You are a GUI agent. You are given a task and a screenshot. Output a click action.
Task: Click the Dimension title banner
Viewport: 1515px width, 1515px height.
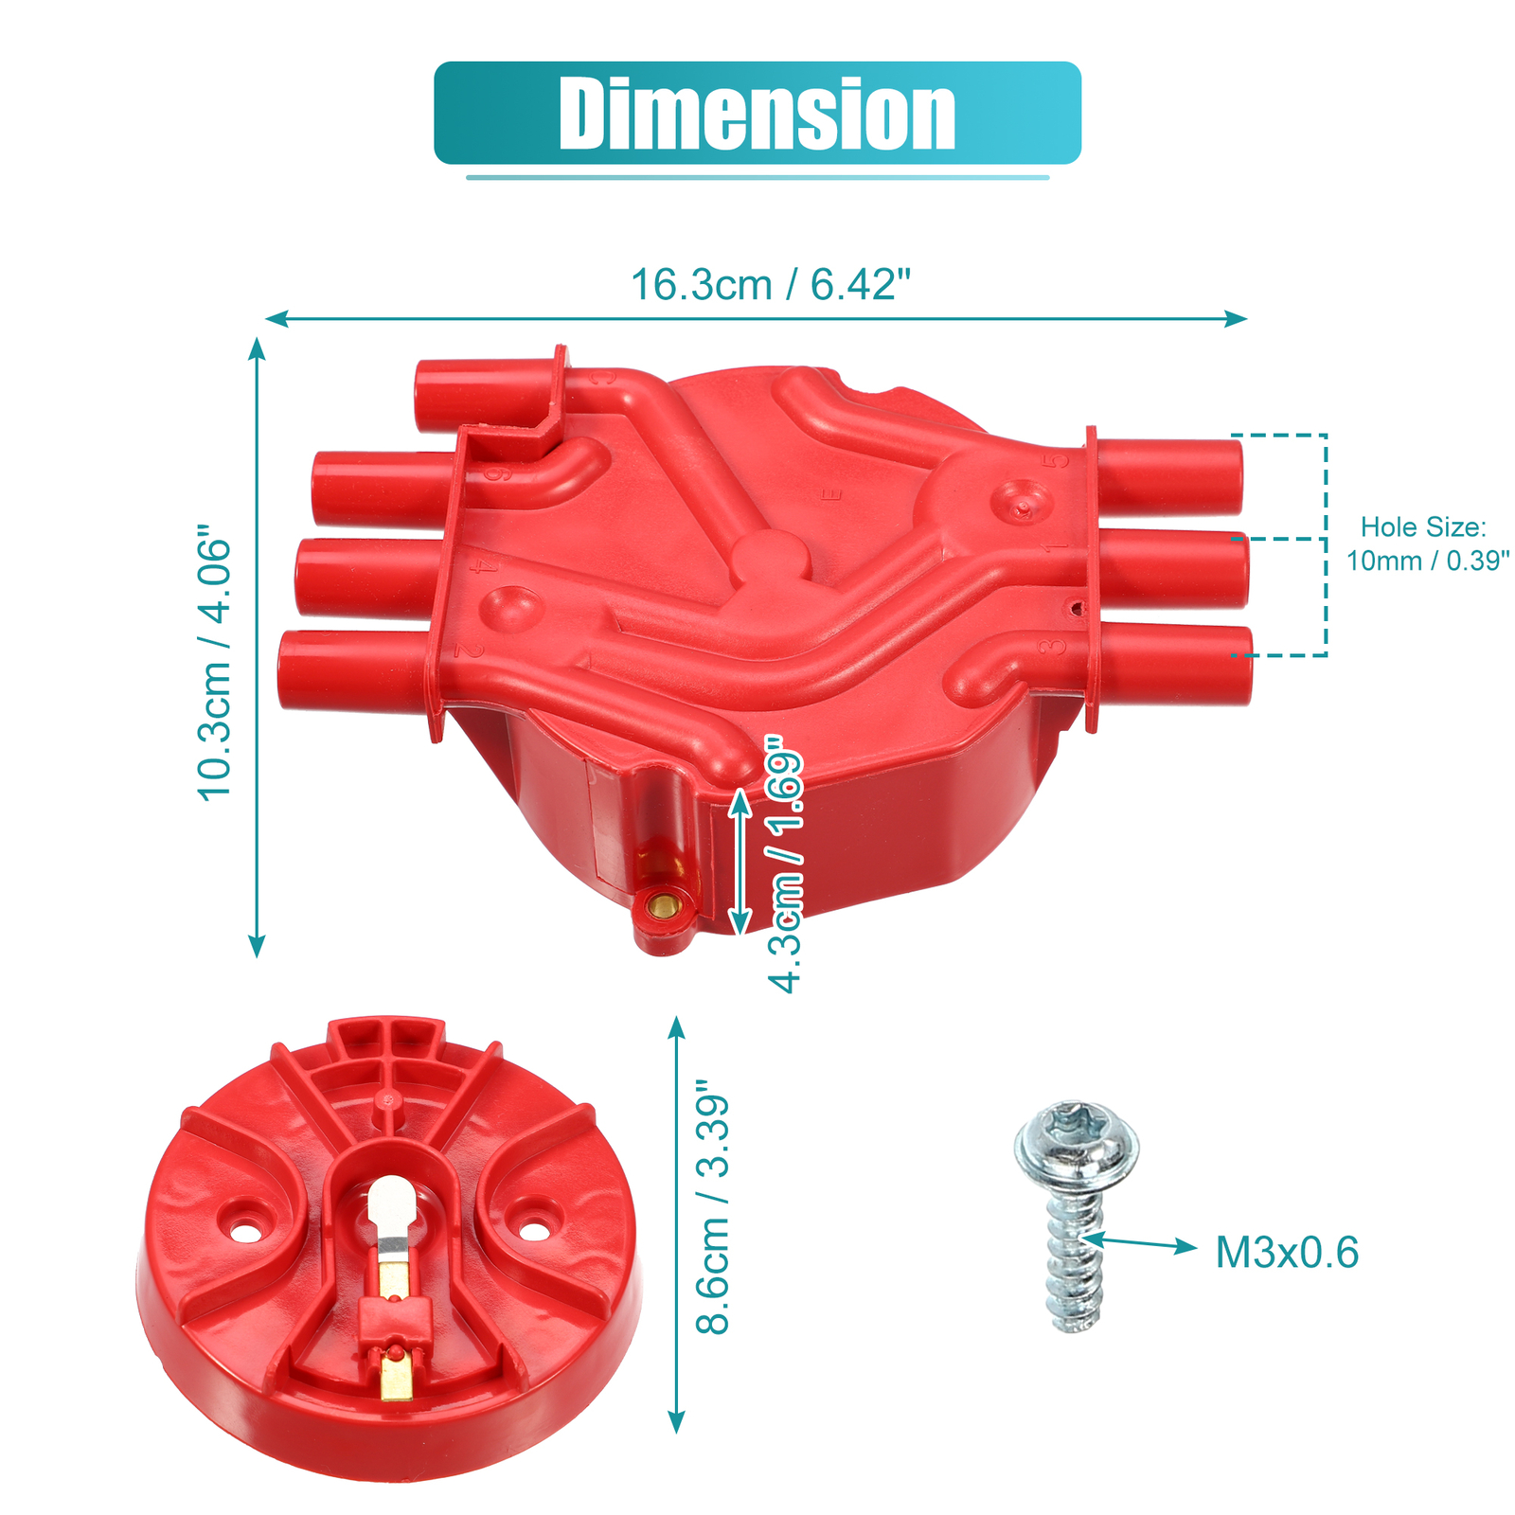coord(757,113)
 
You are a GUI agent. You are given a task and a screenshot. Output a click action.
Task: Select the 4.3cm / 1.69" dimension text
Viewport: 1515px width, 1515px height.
coord(786,865)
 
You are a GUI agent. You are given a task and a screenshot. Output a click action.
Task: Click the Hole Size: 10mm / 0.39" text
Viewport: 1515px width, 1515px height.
coord(1426,544)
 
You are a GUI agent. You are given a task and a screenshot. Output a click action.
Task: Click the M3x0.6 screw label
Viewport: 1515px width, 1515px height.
coord(1287,1253)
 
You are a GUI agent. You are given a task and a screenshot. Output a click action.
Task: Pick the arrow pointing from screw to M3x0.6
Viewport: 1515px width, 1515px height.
coord(1141,1242)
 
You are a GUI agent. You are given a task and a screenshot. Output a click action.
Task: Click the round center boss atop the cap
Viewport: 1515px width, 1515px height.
coord(771,558)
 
